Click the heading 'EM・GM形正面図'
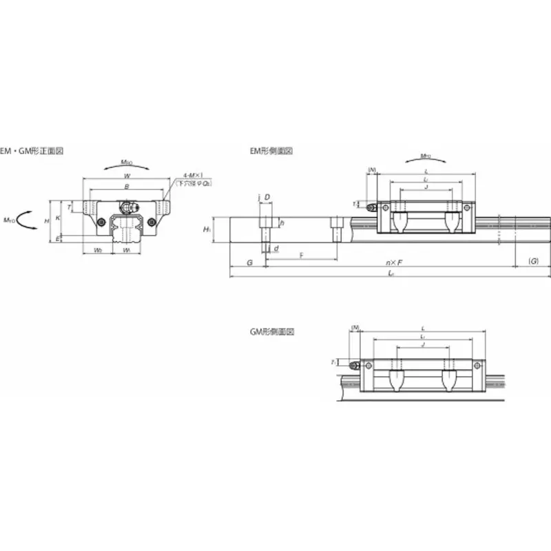coord(33,150)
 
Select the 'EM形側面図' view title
coord(271,150)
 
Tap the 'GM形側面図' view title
coord(271,331)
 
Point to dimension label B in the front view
coord(126,187)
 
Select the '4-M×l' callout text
coord(193,176)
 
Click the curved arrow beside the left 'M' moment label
coord(28,220)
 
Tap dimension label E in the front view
coord(57,238)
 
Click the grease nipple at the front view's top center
coord(127,206)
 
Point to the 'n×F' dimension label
coord(394,262)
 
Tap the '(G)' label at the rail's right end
coord(532,262)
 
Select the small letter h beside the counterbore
coord(282,223)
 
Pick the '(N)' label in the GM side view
coord(355,327)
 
